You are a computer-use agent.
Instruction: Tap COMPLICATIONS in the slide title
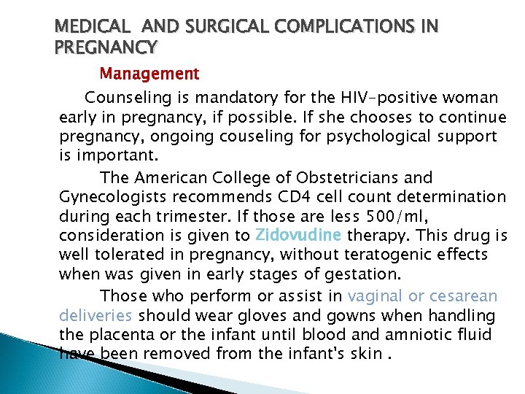coord(337,27)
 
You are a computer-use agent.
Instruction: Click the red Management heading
coord(149,74)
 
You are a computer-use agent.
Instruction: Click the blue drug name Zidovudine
coord(299,236)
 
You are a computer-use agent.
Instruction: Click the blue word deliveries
coord(96,315)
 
